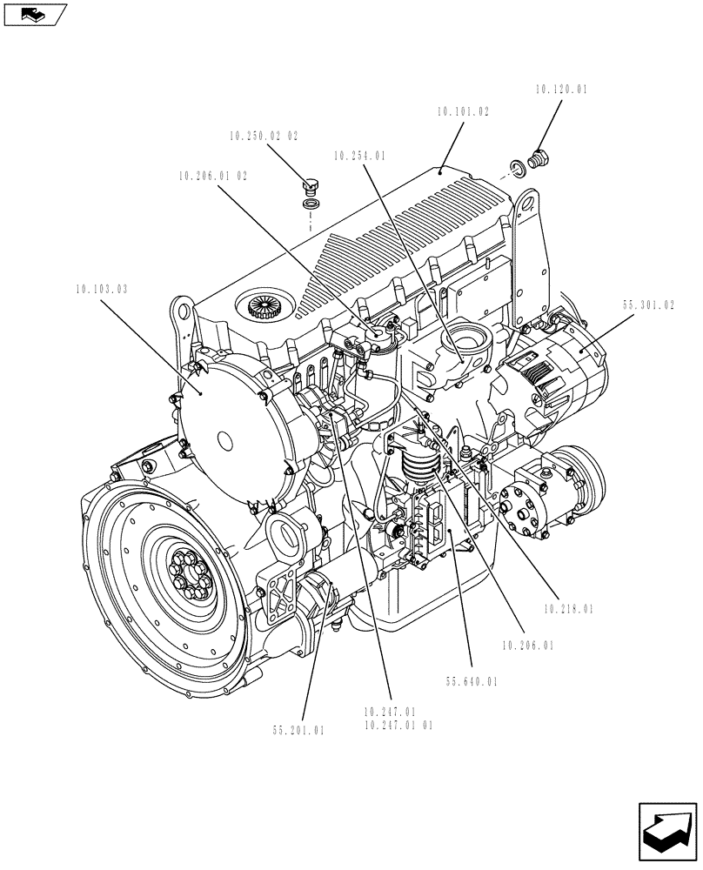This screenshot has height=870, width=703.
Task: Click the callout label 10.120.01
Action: tap(561, 89)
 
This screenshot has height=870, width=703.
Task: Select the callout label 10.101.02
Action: tap(463, 112)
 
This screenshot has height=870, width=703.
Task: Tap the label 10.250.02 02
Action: tap(264, 137)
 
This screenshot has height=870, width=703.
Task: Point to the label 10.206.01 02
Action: tap(213, 176)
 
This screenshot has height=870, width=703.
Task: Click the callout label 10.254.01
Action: tap(358, 157)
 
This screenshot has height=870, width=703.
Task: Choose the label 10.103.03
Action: tap(101, 289)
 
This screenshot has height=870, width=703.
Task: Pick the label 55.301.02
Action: tap(648, 305)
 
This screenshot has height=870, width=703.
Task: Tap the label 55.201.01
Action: tap(297, 731)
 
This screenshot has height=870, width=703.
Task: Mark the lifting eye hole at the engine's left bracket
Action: tap(182, 308)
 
